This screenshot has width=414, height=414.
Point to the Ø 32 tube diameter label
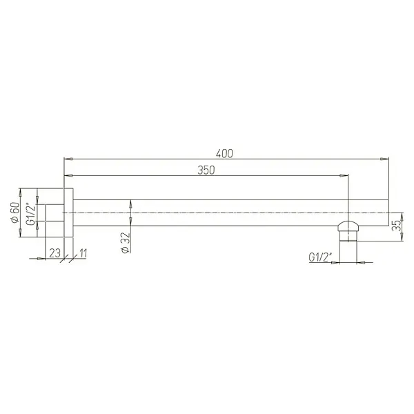(x=125, y=243)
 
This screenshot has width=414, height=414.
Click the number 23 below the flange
(x=54, y=253)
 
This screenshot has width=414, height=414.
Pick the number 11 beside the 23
(x=83, y=253)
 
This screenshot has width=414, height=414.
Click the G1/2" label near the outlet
(x=320, y=258)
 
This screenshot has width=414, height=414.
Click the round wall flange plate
(x=68, y=213)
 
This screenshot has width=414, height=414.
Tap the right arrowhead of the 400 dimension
(x=382, y=158)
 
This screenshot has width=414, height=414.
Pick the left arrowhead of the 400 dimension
(x=67, y=158)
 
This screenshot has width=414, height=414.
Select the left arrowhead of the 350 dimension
(x=67, y=177)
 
